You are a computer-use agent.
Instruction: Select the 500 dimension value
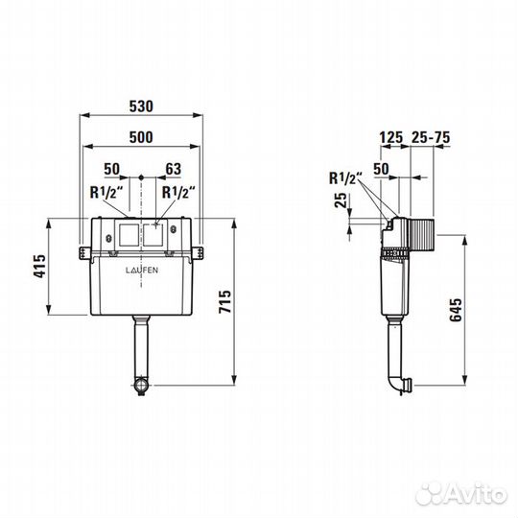[142, 137]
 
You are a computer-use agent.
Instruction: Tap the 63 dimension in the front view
[174, 169]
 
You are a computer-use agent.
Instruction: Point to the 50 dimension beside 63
[112, 169]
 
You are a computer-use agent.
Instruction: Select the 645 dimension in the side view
[457, 309]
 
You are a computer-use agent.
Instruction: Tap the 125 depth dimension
[390, 138]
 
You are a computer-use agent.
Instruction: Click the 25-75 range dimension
[430, 138]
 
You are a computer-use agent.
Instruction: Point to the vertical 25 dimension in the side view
[341, 201]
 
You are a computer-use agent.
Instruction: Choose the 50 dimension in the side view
[381, 169]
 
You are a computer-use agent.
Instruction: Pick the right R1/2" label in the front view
[178, 191]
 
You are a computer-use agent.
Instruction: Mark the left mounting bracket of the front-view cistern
[82, 252]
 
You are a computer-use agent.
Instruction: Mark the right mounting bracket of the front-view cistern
[201, 252]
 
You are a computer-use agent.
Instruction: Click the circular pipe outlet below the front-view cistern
[141, 386]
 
